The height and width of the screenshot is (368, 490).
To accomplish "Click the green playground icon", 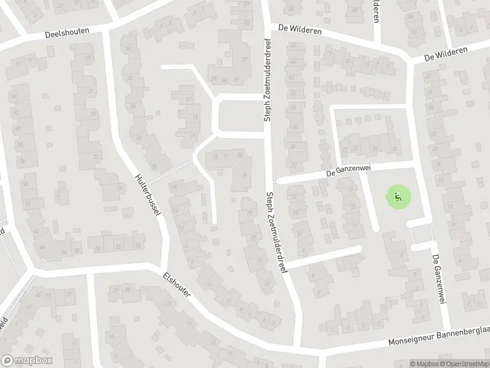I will coord(396,197).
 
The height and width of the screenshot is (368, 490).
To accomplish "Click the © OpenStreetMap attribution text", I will coord(465,364).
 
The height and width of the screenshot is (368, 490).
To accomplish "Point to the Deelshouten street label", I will coord(67,33).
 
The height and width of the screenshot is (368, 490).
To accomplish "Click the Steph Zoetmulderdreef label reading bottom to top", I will coord(267,80).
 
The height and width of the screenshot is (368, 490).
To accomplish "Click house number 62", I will coord(15,113).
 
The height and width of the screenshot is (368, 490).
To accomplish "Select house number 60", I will coord(18,128).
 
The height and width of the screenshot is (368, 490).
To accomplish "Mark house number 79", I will coord(249,213).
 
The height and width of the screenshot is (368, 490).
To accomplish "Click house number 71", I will coord(259,261).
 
